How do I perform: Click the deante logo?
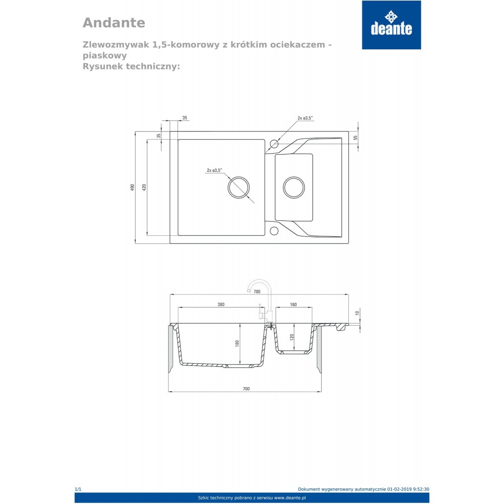[391, 25]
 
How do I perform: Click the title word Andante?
[114, 23]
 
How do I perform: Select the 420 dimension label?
[144, 187]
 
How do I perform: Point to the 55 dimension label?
[355, 138]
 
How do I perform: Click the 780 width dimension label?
[257, 291]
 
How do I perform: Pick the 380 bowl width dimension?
[221, 304]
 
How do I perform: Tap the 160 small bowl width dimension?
[293, 304]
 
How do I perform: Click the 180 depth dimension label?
[237, 343]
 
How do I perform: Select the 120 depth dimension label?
[291, 337]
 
